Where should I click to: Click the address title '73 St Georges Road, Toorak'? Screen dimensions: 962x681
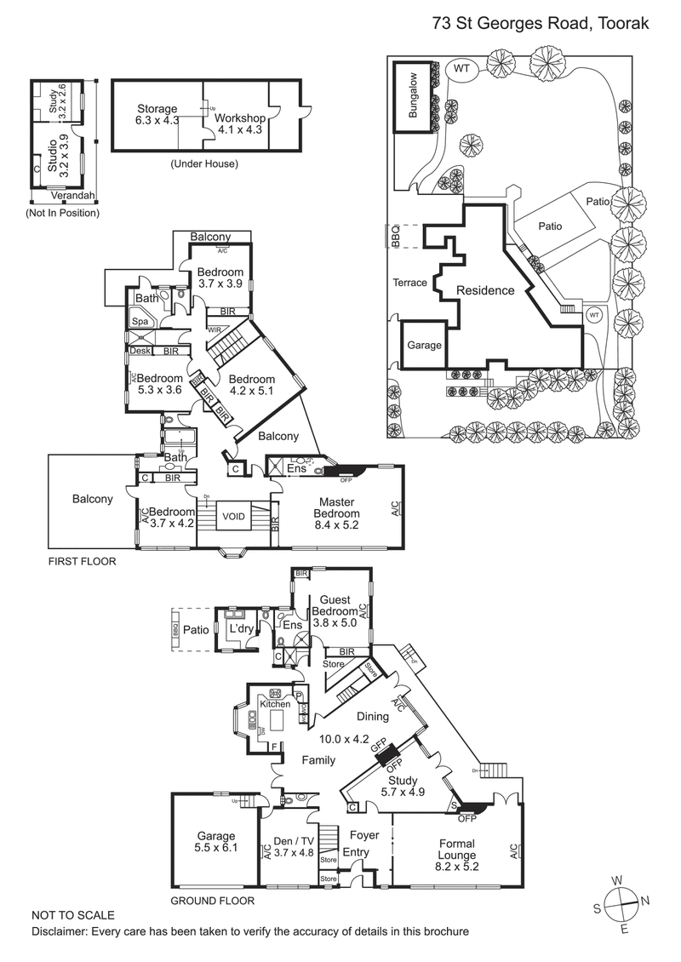point(540,24)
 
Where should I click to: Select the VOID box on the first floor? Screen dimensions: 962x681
point(233,516)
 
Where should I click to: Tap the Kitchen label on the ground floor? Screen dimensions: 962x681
point(275,704)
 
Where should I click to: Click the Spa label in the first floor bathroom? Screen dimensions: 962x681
point(139,321)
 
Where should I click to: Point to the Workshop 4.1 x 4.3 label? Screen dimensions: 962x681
point(239,124)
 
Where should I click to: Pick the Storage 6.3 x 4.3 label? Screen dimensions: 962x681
point(157,115)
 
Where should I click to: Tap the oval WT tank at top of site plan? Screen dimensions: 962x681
point(461,69)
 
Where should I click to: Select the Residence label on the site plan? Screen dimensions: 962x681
point(485,290)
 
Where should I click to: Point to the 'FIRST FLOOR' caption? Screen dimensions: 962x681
point(82,562)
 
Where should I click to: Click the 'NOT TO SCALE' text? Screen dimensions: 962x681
point(73,915)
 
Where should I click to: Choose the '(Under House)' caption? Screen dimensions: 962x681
point(204,163)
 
